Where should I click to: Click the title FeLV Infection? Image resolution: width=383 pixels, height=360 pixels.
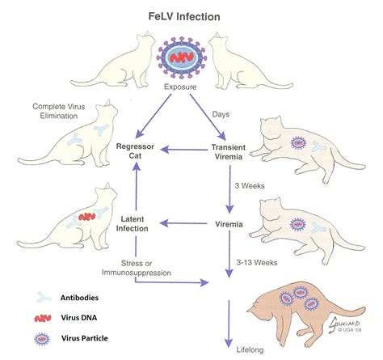pos(184,17)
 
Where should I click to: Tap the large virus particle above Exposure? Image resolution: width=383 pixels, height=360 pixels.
pos(182,57)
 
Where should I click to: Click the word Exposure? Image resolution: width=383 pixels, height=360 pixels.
pos(180,87)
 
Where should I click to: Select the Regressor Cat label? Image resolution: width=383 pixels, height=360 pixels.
pos(135,151)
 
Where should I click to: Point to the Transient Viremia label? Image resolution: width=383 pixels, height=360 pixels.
pos(229,152)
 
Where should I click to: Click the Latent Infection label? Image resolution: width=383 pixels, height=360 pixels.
pos(132,224)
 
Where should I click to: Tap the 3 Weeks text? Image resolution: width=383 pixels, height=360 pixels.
pos(250,186)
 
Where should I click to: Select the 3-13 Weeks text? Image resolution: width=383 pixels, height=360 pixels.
pos(257,262)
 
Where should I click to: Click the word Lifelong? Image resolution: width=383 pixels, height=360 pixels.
pos(250,350)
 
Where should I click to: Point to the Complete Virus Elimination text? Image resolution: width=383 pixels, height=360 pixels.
pos(59,111)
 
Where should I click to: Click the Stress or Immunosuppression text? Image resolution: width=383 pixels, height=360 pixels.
pos(137,268)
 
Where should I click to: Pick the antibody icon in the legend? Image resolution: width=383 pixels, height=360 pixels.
pos(44,297)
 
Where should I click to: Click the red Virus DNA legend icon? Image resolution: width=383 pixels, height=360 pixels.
pos(43,319)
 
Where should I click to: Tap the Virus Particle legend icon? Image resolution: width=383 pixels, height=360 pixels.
pos(42,339)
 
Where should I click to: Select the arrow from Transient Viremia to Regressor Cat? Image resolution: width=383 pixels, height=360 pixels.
pos(184,150)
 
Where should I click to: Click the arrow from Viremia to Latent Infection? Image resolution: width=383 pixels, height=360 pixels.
pos(183,223)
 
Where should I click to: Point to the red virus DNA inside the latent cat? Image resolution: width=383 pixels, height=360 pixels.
pos(87,217)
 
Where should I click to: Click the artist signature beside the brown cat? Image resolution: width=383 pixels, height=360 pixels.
pos(344,324)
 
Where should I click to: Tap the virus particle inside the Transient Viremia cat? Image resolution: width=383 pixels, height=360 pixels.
pos(298,142)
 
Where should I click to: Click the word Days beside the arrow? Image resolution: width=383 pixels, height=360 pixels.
pos(221,114)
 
